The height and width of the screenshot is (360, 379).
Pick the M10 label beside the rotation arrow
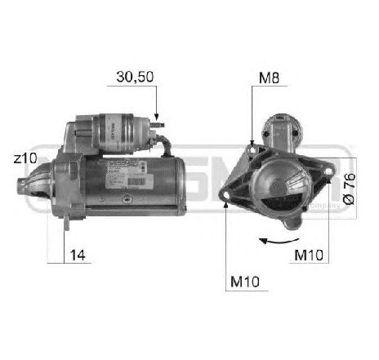pyautogui.click(x=310, y=256)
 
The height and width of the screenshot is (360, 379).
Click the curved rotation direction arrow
pyautogui.click(x=274, y=241)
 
